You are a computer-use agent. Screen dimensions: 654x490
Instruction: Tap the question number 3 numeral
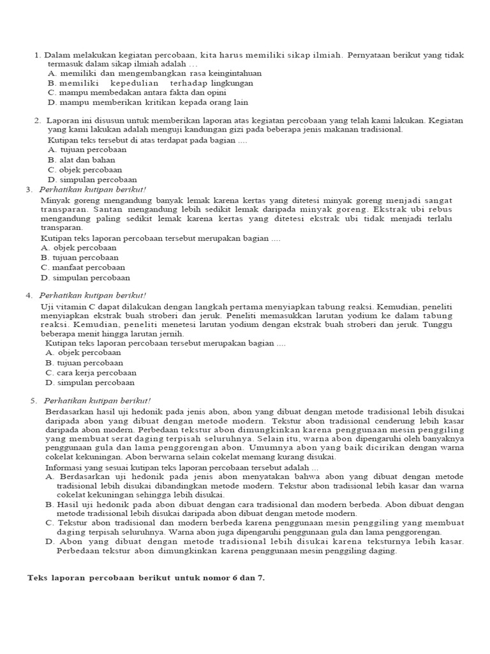tap(29, 190)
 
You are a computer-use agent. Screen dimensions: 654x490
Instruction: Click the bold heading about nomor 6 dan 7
tap(145, 578)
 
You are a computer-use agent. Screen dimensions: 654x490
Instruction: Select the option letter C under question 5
tap(49, 522)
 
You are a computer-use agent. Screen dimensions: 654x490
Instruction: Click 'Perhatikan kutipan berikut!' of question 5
tap(97, 400)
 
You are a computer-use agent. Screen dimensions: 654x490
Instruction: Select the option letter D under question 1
tap(52, 102)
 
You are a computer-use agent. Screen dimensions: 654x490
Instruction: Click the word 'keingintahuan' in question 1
tap(235, 73)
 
